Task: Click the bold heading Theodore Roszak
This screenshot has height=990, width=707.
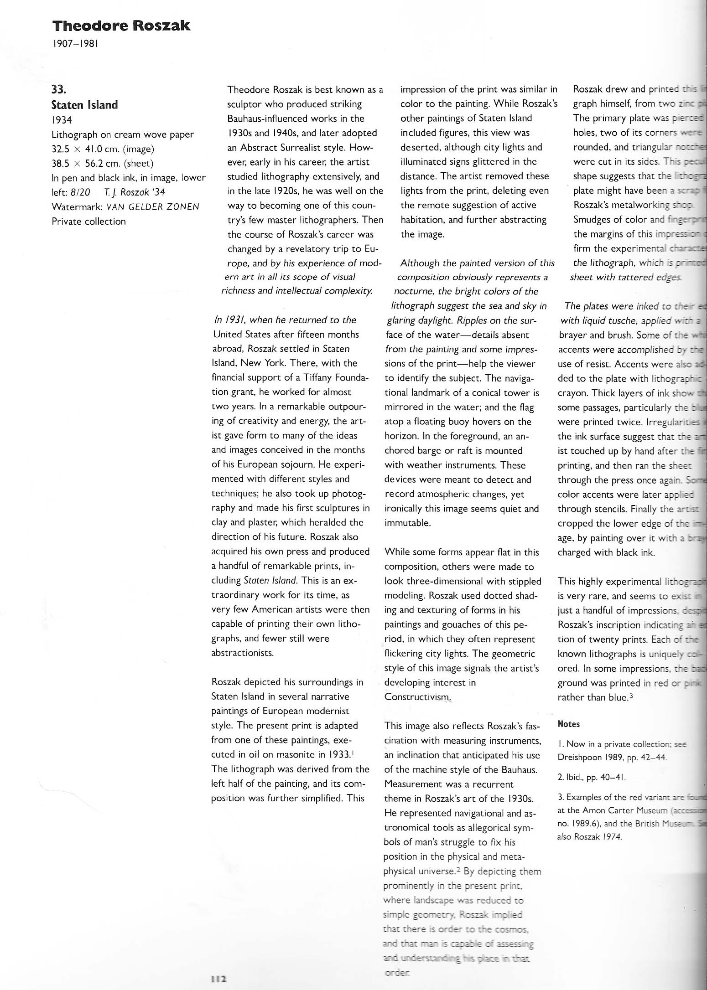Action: [120, 26]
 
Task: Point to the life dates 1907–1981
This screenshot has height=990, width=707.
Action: [75, 44]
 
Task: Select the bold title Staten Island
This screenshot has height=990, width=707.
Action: [84, 105]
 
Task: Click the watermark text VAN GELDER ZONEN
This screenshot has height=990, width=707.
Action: [153, 207]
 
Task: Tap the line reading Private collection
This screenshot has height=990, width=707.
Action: [88, 222]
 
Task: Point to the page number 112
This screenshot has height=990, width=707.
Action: [219, 979]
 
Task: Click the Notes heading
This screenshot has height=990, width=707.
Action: [568, 724]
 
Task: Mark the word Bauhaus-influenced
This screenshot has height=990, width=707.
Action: [273, 119]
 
